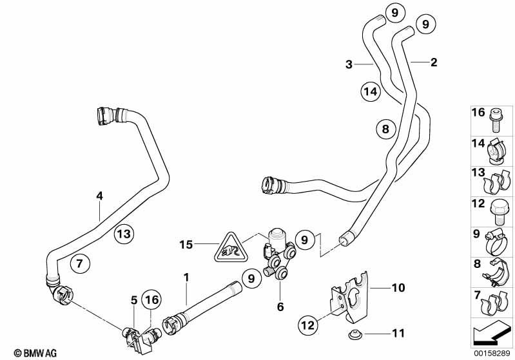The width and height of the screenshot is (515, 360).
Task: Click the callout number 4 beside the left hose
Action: pyautogui.click(x=99, y=195)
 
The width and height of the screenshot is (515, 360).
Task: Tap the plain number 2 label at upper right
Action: pyautogui.click(x=433, y=62)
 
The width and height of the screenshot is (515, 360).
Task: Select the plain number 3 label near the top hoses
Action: pyautogui.click(x=349, y=64)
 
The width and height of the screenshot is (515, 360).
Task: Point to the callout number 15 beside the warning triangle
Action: pyautogui.click(x=186, y=245)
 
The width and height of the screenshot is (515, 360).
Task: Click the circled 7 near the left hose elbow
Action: pyautogui.click(x=79, y=263)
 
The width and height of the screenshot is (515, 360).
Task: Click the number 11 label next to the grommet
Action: pyautogui.click(x=398, y=333)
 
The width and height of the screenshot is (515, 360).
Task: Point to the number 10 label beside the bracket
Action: pyautogui.click(x=398, y=287)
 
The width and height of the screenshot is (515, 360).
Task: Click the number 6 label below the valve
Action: pyautogui.click(x=280, y=307)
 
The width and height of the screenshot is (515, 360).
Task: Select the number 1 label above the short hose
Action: pyautogui.click(x=186, y=278)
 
